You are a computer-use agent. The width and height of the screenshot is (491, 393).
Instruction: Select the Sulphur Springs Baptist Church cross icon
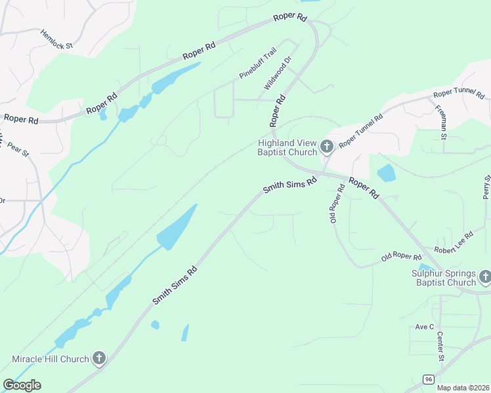484,277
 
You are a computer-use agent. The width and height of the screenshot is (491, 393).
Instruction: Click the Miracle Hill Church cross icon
98,358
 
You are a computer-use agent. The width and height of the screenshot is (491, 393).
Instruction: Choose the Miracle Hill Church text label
50,359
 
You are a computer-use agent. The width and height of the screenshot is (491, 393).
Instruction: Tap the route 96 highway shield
428,379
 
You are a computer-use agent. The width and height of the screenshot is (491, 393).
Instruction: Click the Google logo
22,384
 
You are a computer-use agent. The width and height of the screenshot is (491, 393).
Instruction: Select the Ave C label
425,326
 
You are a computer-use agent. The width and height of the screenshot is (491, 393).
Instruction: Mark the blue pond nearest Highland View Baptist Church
387,173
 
